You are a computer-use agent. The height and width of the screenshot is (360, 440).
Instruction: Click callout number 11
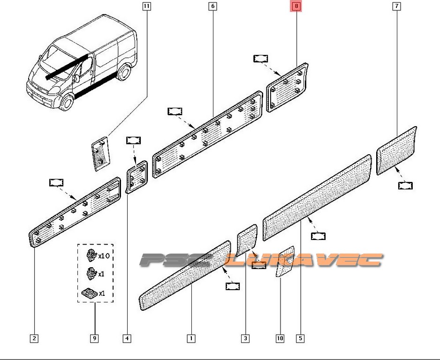tap(147, 6)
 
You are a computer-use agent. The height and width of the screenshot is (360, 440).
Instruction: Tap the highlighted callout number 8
tap(297, 6)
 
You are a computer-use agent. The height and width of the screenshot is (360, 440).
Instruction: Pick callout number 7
tap(397, 6)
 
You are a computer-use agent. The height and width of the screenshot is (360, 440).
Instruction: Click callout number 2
tap(35, 338)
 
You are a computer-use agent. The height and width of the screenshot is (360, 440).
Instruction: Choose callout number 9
tap(94, 338)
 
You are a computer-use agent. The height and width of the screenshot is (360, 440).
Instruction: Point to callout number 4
tap(127, 338)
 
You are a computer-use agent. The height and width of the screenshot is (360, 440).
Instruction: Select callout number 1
tap(191, 338)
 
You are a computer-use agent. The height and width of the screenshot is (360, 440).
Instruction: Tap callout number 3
tap(245, 338)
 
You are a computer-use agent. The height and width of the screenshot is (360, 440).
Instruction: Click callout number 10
tap(280, 338)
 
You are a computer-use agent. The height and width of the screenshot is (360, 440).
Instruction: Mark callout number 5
tap(300, 338)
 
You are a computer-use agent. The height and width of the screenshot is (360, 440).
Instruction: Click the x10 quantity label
tap(104, 256)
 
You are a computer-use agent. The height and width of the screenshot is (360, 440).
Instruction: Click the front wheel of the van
tap(67, 103)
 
